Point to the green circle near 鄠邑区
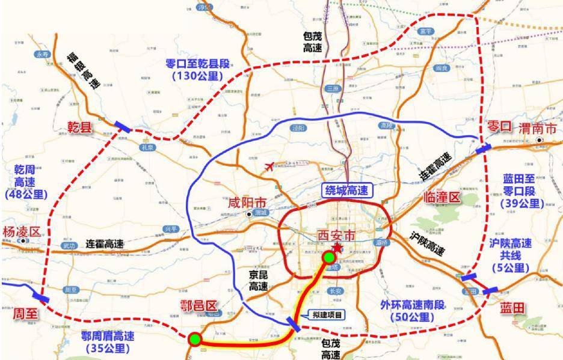(194, 339)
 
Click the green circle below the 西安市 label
(328, 258)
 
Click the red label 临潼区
(441, 198)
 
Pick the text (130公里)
(197, 76)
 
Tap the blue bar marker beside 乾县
(123, 126)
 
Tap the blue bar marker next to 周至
(42, 297)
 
